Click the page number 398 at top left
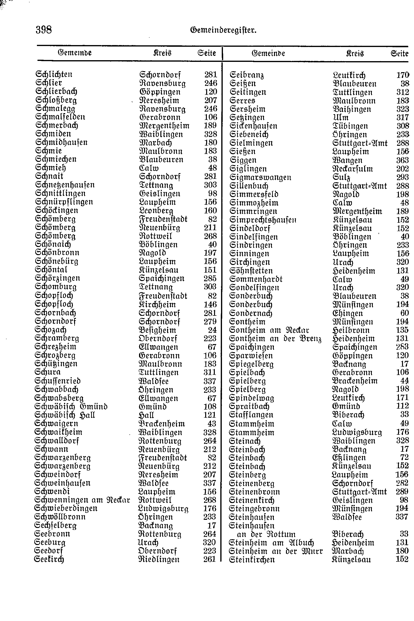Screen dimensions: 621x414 (44, 29)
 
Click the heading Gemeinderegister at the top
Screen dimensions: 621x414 (223, 30)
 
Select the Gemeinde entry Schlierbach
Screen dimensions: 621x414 (56, 91)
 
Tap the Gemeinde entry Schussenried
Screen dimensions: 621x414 (58, 381)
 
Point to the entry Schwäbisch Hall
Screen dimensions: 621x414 (65, 415)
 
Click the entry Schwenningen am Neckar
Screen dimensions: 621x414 (82, 500)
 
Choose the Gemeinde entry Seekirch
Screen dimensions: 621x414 (49, 559)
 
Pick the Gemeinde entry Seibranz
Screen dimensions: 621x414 (247, 75)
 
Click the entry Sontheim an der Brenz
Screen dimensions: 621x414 (275, 339)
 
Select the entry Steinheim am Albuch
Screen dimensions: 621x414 (271, 543)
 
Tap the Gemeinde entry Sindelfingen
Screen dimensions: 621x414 (253, 237)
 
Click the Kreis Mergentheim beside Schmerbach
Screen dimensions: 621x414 (164, 125)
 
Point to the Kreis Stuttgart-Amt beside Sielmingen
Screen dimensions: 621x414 (360, 143)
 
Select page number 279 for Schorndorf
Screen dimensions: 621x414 (210, 321)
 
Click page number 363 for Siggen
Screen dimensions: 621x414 (402, 160)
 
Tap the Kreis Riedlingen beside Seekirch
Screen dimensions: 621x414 (159, 559)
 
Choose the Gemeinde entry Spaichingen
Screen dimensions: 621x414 (252, 347)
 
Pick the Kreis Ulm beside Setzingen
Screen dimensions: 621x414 (340, 117)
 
